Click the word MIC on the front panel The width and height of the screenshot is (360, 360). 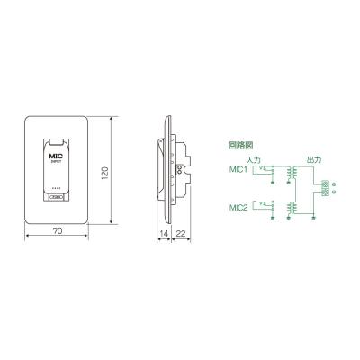(x=56, y=155)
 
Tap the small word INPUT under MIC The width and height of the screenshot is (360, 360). (x=56, y=163)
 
